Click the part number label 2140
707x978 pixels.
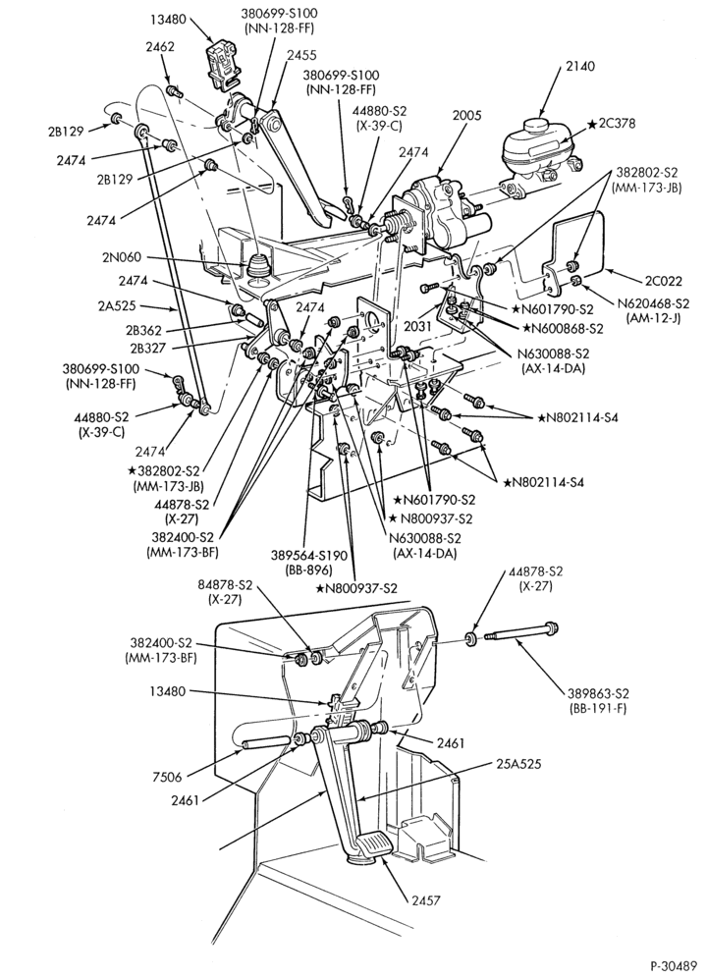tap(580, 66)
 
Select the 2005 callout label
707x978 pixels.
tap(466, 115)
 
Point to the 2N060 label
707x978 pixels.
tap(124, 257)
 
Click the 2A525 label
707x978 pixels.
tap(116, 306)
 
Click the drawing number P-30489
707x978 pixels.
tap(674, 966)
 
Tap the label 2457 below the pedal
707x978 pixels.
tap(425, 900)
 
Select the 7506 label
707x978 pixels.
tap(167, 777)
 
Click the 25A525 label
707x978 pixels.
tap(518, 763)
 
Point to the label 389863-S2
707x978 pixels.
tap(598, 693)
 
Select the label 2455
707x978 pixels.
tap(302, 55)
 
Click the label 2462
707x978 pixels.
tap(160, 47)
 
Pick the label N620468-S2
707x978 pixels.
tap(653, 303)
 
